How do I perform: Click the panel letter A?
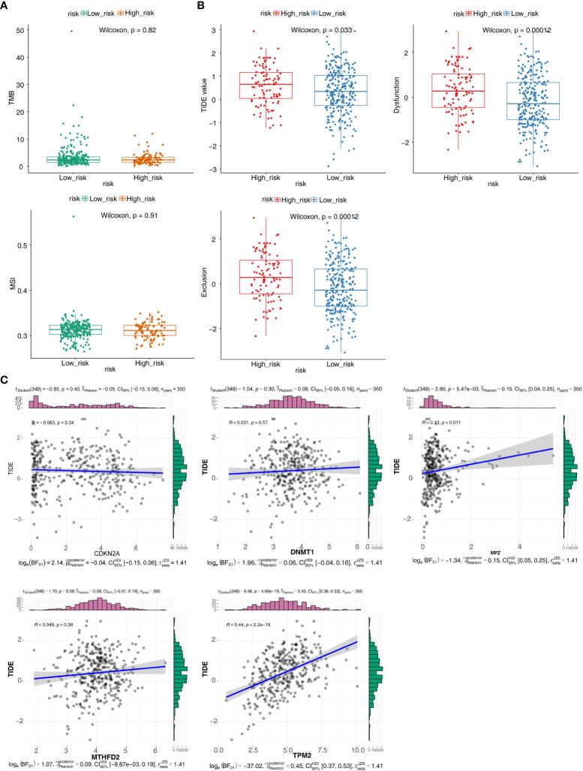coord(6,6)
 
